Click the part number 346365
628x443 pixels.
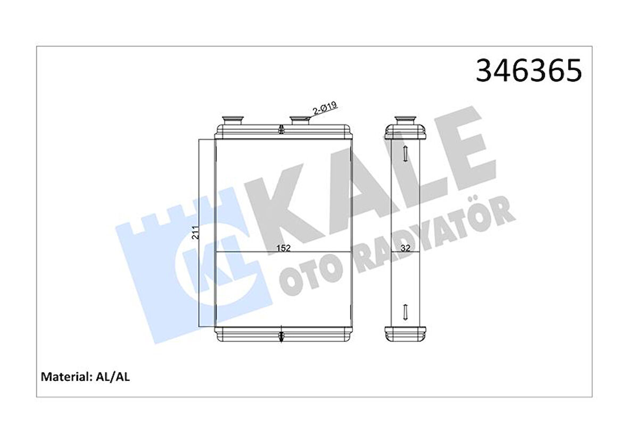(x=528, y=71)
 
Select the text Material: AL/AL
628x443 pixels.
(x=86, y=377)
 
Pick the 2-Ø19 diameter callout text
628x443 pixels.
(x=324, y=108)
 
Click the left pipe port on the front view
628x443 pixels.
(x=232, y=120)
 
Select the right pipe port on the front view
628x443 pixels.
(x=301, y=120)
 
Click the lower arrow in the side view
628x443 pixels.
(x=405, y=311)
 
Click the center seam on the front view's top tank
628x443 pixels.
(x=280, y=128)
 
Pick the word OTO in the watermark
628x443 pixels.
(x=314, y=274)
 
